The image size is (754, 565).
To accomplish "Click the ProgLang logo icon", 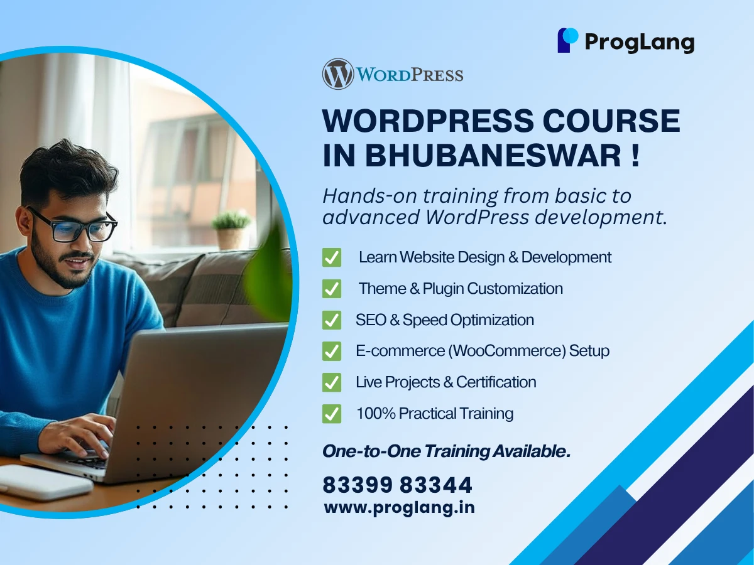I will click(567, 40).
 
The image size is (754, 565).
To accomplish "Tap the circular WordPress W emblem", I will click(338, 74).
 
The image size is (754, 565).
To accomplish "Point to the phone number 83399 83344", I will click(397, 485).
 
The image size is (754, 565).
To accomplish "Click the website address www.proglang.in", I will click(399, 507).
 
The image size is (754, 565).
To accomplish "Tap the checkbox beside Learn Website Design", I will click(332, 257).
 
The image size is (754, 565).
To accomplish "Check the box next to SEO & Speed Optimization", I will click(332, 320).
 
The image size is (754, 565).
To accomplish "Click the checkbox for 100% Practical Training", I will click(332, 414).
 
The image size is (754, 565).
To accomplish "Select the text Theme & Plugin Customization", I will click(461, 289).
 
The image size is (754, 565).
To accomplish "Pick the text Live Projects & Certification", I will click(445, 382).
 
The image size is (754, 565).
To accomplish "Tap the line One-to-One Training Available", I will click(446, 451).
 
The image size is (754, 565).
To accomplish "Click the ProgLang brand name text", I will click(640, 42).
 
